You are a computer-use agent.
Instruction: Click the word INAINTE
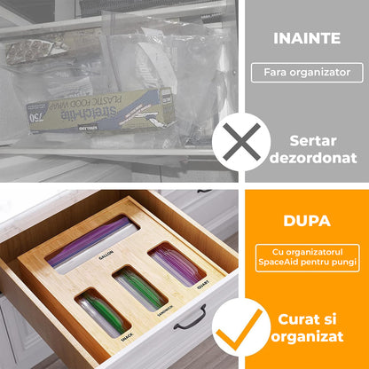[306, 38]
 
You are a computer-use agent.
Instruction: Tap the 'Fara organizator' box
[307, 73]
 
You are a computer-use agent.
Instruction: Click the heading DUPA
[306, 221]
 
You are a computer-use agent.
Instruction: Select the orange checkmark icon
[239, 328]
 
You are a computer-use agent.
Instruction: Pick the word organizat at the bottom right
[307, 338]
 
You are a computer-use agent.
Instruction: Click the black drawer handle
[190, 317]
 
